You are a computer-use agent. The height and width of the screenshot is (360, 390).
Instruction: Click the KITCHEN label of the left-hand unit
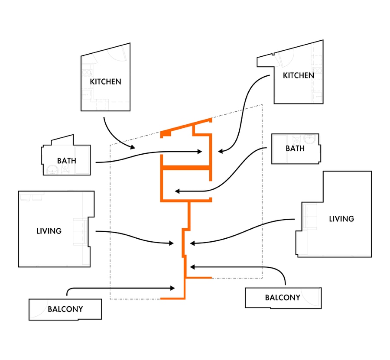click(x=105, y=81)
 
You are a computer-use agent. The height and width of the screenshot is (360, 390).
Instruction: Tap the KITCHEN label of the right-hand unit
click(x=299, y=75)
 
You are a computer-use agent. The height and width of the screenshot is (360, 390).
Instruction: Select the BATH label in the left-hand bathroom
click(x=67, y=161)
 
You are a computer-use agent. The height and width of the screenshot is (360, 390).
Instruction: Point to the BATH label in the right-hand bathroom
click(x=295, y=148)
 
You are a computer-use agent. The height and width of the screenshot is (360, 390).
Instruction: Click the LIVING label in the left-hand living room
click(x=49, y=231)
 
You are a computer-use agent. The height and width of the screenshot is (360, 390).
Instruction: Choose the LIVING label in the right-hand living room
click(x=341, y=219)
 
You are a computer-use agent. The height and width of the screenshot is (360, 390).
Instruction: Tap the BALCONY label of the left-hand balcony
click(x=65, y=309)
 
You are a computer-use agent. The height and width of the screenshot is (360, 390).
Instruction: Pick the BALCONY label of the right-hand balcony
click(x=283, y=298)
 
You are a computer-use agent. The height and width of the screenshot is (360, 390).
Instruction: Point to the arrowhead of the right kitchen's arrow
click(x=221, y=151)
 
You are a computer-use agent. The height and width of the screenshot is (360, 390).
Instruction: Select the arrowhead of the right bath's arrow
click(x=177, y=191)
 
